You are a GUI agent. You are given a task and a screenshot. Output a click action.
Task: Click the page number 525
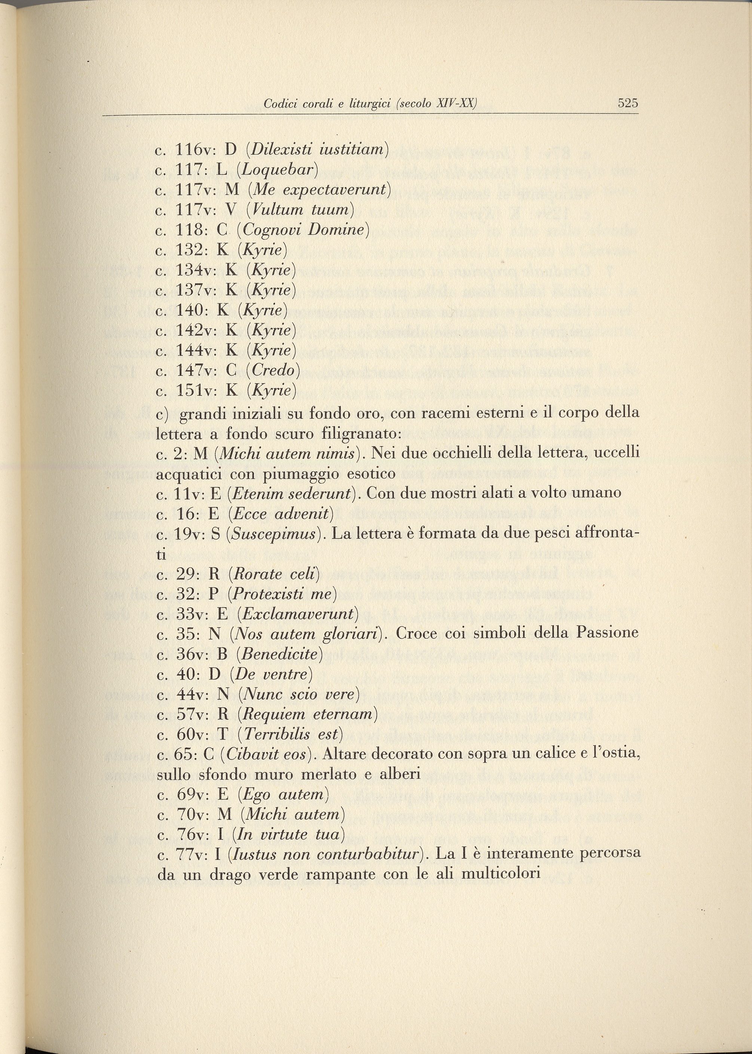point(628,103)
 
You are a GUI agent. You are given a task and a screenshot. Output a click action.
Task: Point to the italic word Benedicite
point(279,654)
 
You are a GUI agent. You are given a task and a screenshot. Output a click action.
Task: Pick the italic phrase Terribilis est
point(293,734)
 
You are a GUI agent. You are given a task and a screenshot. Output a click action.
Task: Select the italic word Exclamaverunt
point(298,614)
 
